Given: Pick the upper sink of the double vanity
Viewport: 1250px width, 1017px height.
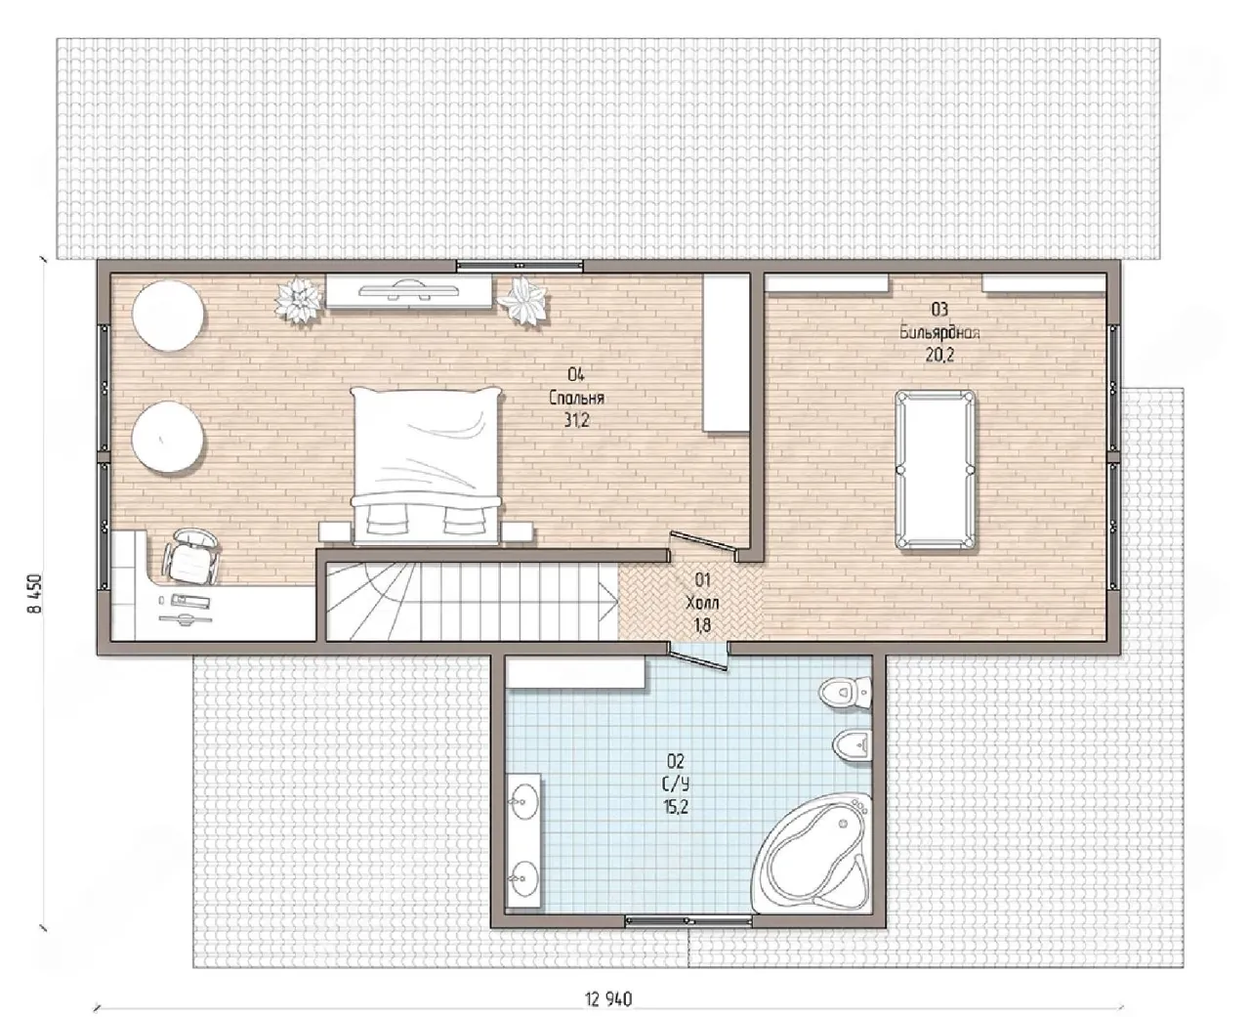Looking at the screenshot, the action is coord(521,801).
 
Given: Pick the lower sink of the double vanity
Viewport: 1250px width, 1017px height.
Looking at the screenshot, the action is coord(521,878).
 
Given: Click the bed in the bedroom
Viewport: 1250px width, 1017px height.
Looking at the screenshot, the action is coord(426,466).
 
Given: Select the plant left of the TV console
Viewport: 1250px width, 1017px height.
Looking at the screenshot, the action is coord(299,300).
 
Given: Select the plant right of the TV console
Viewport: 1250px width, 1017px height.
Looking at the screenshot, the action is coord(522,301).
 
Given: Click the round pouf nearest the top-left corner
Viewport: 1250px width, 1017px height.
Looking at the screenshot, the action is coord(168,315).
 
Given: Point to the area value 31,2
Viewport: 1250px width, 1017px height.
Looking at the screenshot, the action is coord(577,420).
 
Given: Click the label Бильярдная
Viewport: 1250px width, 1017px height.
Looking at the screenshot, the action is coord(939,333).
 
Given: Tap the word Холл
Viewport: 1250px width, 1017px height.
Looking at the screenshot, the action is coord(702,603).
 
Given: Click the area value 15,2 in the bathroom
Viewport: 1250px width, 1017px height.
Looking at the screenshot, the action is coord(676,807).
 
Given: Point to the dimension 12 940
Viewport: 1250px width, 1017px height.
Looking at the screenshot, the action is coord(608,998).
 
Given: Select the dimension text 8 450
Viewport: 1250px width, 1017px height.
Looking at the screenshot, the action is coord(36,594).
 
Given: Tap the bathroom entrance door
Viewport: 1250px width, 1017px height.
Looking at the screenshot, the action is coord(698,658).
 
